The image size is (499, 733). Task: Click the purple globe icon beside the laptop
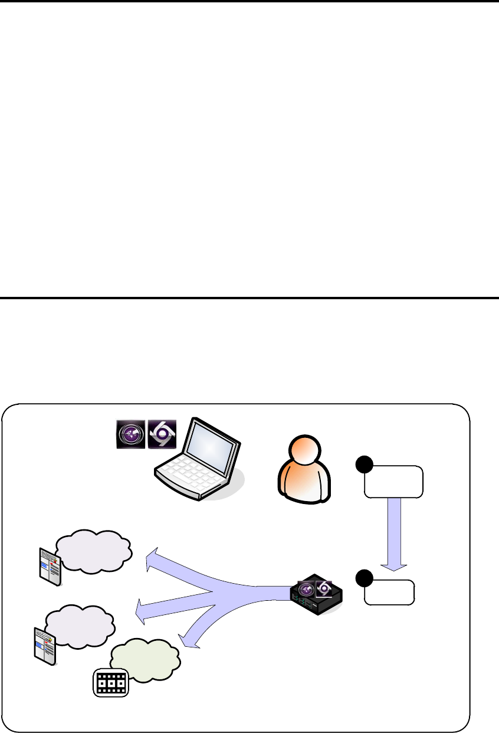coord(129,434)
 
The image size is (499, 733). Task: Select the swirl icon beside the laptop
coord(161,434)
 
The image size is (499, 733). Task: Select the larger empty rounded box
coord(394,482)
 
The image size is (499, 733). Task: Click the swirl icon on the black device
coord(324,588)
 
